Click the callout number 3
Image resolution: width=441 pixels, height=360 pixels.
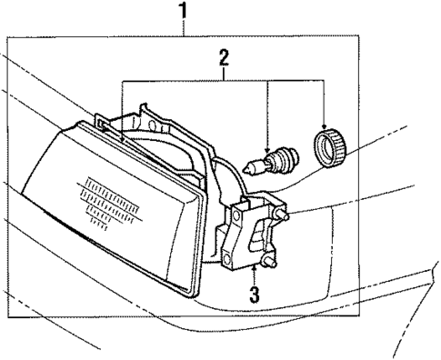256,295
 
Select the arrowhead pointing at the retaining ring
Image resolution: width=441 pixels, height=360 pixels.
325,126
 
